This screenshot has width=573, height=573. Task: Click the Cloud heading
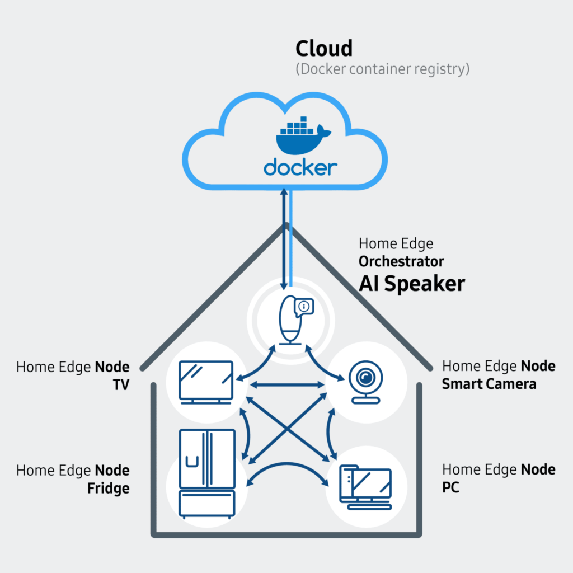[x=324, y=49]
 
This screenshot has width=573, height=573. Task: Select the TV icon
[x=205, y=381]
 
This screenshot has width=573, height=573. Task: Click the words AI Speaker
[x=411, y=284]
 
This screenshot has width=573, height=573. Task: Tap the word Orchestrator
[x=401, y=261]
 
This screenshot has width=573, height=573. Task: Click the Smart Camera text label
[x=489, y=384]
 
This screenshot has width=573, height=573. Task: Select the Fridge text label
[x=108, y=488]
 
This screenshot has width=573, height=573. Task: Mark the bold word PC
[x=450, y=487]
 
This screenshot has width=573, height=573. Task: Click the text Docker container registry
[x=382, y=69]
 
